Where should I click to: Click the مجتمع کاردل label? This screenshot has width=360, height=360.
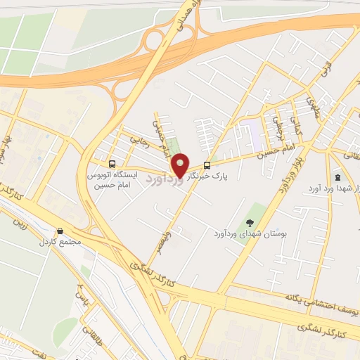tap(60, 241)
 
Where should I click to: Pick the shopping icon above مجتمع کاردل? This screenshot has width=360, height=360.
tap(60, 231)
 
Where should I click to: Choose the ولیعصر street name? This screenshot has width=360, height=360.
tap(162, 235)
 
